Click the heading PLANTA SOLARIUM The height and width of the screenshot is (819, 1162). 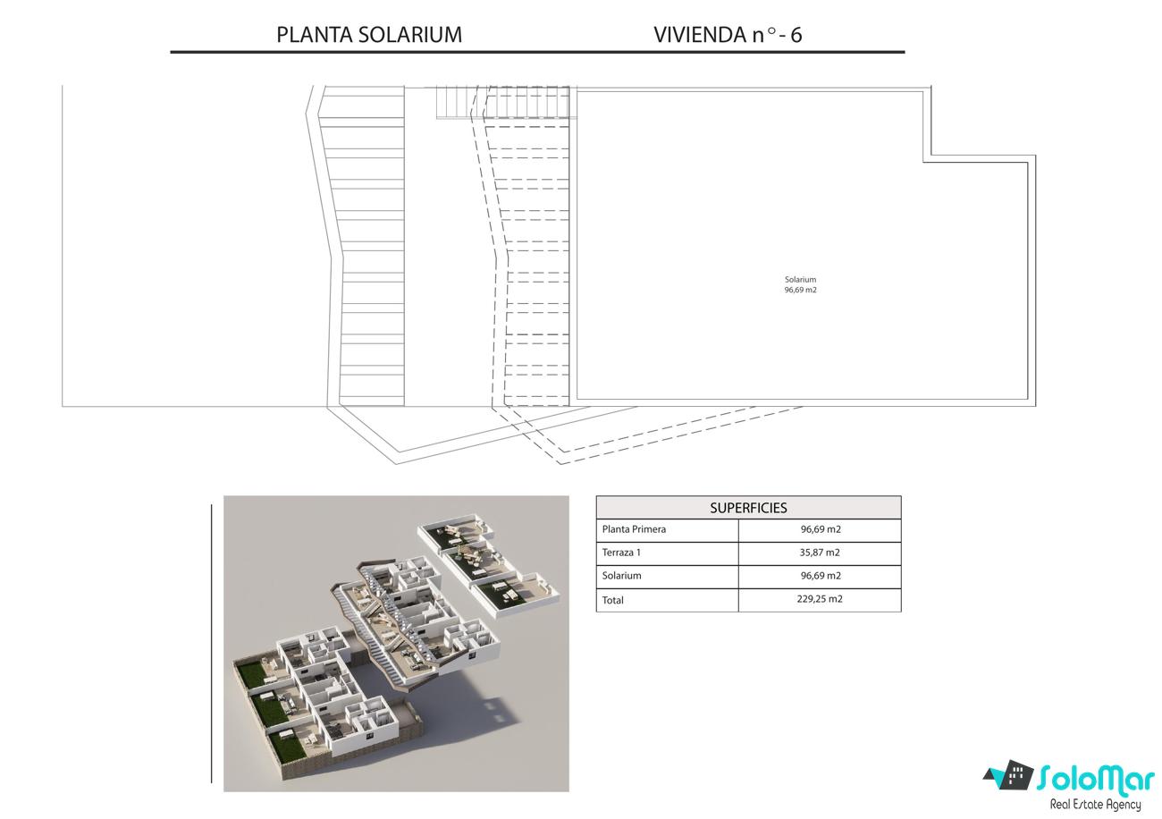369,35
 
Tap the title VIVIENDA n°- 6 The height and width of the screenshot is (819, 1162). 728,35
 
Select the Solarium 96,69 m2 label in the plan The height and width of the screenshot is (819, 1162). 800,284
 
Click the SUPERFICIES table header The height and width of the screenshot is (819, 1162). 748,508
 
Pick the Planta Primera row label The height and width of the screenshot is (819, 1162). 634,529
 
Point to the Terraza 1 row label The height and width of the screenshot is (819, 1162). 621,553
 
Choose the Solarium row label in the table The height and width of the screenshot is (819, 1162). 621,576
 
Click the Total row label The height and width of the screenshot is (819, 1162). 612,600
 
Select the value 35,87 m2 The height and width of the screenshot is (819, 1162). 820,553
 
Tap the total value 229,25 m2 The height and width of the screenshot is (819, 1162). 820,599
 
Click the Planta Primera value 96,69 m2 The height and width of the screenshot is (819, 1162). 821,529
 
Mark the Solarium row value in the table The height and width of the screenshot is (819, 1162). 821,576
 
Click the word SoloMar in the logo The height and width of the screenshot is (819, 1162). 1096,779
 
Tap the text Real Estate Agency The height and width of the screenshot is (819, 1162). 1095,805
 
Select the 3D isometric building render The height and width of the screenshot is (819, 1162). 396,644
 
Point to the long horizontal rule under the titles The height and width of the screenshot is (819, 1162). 537,52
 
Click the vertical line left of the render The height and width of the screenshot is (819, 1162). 212,643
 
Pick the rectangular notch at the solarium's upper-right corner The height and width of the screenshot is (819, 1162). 979,124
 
